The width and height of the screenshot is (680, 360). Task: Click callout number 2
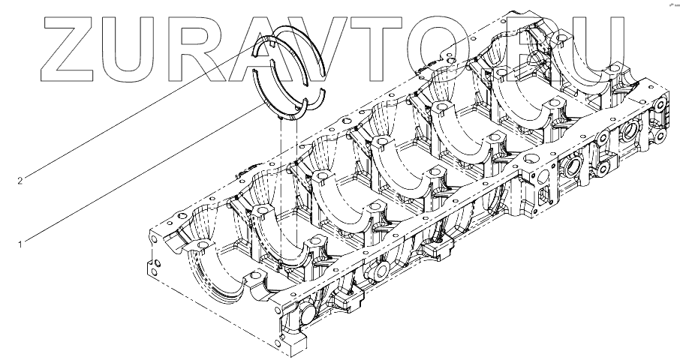tap(20, 180)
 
